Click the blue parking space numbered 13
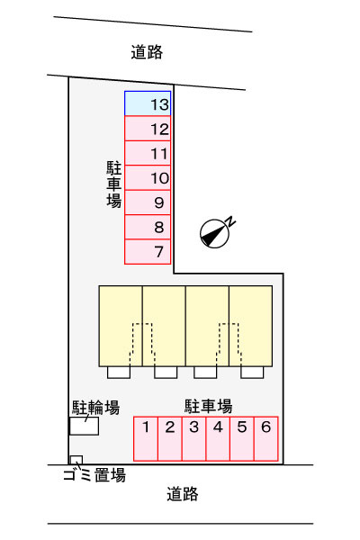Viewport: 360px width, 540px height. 148,103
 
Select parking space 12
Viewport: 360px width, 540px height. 148,129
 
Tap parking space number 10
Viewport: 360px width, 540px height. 148,177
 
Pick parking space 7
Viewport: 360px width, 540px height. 148,252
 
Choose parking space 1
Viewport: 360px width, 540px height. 146,438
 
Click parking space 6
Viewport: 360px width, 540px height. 266,438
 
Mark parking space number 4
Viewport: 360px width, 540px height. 218,438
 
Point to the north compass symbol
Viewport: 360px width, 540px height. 214,233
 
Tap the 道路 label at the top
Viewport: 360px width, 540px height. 147,52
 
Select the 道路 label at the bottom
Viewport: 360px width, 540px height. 183,494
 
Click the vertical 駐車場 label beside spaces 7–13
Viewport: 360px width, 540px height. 113,184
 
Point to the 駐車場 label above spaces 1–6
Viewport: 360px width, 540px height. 209,406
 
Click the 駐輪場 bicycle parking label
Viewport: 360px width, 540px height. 95,408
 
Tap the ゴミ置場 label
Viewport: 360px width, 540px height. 94,474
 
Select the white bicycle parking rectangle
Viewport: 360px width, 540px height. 84,426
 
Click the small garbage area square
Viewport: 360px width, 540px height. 76,460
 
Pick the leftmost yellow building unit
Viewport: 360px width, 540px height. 121,326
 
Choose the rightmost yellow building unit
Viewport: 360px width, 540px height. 251,326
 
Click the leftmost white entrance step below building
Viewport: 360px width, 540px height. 119,373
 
